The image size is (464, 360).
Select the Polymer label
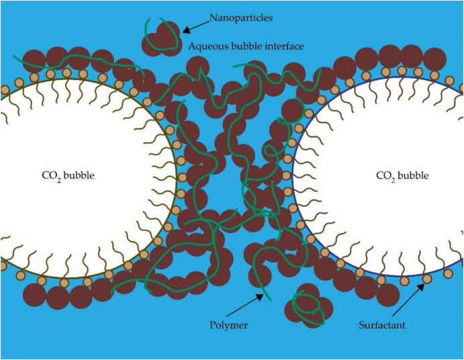coord(230,325)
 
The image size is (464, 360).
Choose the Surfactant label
coord(381,325)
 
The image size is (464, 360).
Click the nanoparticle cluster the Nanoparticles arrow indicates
coord(161,37)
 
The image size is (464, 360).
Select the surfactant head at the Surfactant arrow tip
coord(425,278)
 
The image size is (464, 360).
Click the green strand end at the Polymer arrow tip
coord(267,296)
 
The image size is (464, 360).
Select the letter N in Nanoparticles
coord(212,17)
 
